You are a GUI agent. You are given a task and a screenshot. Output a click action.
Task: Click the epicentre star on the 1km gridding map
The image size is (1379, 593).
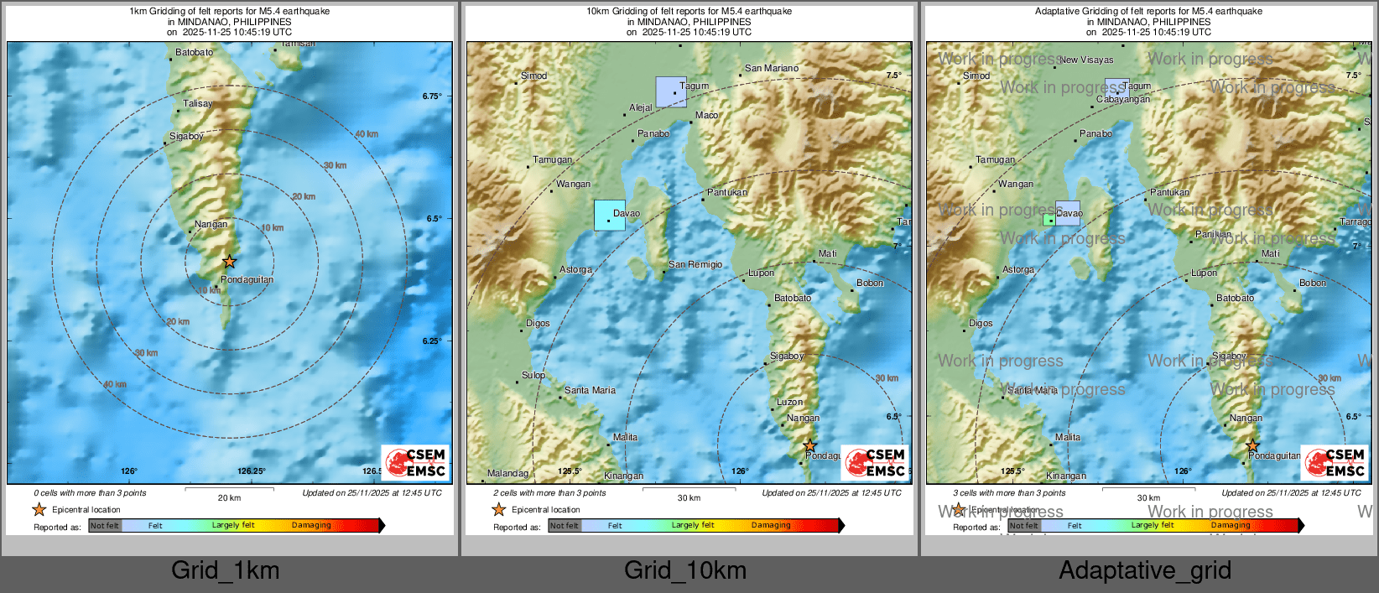(x=229, y=262)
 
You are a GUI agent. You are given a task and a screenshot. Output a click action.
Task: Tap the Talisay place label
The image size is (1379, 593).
(x=198, y=104)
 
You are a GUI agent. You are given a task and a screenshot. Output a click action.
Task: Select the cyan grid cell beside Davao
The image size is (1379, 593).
(x=610, y=215)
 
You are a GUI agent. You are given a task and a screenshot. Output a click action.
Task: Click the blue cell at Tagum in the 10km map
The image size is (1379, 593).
(x=671, y=91)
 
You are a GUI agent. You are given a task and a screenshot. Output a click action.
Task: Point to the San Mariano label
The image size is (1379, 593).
(x=772, y=69)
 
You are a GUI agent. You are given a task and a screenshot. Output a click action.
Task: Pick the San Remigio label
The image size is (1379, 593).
(x=695, y=265)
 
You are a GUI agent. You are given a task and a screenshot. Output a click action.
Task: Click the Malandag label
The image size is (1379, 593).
(x=507, y=474)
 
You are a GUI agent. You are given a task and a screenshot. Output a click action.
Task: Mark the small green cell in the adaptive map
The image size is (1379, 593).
(x=1049, y=220)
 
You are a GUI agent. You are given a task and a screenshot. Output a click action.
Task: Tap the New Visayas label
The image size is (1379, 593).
(x=1087, y=60)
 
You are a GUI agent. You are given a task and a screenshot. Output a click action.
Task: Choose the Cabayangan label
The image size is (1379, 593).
(x=1123, y=100)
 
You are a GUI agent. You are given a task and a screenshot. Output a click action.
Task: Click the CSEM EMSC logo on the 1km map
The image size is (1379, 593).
(x=416, y=462)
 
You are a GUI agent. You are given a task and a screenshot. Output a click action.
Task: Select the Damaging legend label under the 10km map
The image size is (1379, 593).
(x=771, y=526)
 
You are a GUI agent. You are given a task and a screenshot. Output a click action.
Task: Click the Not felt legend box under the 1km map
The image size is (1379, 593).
(x=105, y=526)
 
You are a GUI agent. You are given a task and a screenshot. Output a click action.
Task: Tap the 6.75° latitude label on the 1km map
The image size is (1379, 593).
(x=432, y=96)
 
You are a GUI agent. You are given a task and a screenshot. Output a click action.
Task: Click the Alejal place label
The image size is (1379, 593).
(x=641, y=108)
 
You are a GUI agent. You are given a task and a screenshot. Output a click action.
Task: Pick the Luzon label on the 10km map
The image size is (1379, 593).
(x=789, y=403)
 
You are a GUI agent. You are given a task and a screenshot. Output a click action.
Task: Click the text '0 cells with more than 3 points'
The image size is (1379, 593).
(x=90, y=493)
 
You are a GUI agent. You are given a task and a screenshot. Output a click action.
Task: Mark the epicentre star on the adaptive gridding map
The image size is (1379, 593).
(x=1252, y=446)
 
